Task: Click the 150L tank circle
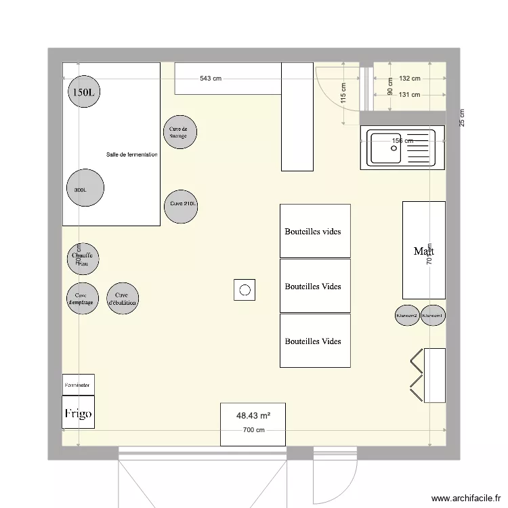coord(84,92)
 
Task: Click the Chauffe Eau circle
coord(83,259)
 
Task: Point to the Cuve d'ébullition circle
coord(123,299)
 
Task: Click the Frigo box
coord(79,413)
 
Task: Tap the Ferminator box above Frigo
coord(79,384)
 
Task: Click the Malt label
coord(423,251)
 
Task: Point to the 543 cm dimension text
coord(211,79)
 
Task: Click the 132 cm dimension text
coord(409,79)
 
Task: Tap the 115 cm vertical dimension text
coord(343,94)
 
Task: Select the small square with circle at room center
coord(245,291)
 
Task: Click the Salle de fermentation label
coord(132,155)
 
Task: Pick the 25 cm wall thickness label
coord(463,118)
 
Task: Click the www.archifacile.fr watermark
coord(465,497)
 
